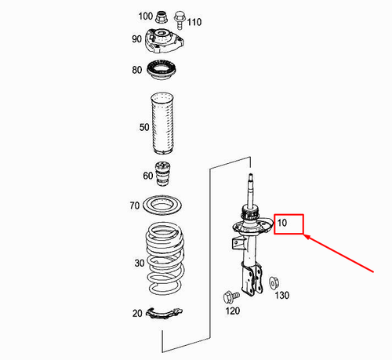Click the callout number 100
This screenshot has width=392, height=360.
pos(146,16)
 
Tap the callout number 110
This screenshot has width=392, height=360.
pos(194,20)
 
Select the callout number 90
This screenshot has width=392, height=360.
pos(136,39)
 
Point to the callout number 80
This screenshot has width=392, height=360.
pos(137,71)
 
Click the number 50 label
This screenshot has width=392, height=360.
pos(143,126)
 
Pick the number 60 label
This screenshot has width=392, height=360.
pos(147,176)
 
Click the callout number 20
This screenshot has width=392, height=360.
pos(138,314)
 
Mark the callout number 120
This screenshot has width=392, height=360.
pos(232,311)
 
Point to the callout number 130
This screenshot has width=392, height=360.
pos(281,295)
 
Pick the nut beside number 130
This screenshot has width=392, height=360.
pos(274,282)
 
